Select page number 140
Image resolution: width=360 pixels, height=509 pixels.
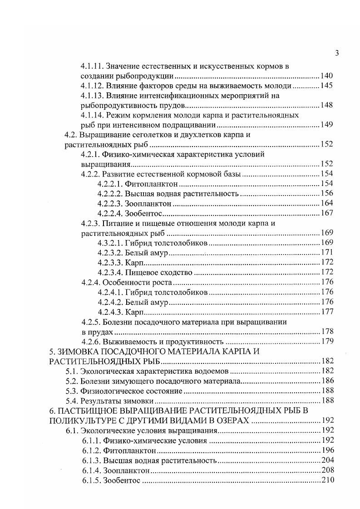tap(327, 76)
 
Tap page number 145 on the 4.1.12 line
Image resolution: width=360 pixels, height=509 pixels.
tap(327, 86)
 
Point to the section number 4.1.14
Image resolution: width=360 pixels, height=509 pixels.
tap(93, 115)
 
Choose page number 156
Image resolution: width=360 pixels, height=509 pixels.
tap(327, 194)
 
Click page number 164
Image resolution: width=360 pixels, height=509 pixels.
tap(327, 204)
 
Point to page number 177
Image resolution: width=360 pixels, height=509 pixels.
tap(327, 312)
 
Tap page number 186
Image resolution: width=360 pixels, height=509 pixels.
tap(327, 381)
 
